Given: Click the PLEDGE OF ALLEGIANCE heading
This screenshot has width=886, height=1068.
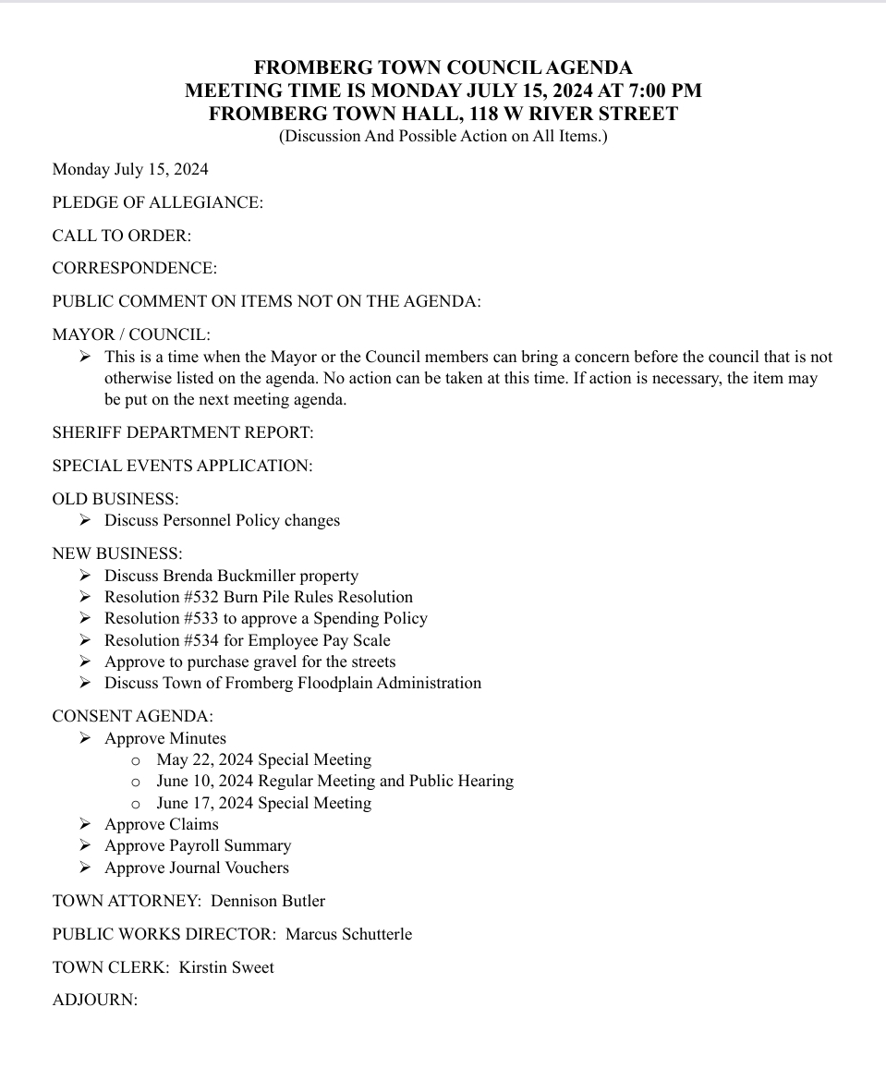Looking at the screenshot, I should coord(157,202).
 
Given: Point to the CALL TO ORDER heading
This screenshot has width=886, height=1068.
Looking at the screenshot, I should coord(121,236).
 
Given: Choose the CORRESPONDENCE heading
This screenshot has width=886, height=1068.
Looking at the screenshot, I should coord(134,268).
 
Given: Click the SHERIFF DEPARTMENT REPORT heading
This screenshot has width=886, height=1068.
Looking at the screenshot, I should coord(182,432).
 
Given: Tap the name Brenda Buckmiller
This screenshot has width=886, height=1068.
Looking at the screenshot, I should coord(228,576).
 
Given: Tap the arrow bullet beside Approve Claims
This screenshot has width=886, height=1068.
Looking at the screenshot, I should coord(85,824).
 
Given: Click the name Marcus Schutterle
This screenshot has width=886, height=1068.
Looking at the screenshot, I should coord(348,934).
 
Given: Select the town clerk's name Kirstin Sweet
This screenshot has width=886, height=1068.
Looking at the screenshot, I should coord(226,967).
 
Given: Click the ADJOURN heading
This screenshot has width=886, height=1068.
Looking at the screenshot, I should coord(94,1000).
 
